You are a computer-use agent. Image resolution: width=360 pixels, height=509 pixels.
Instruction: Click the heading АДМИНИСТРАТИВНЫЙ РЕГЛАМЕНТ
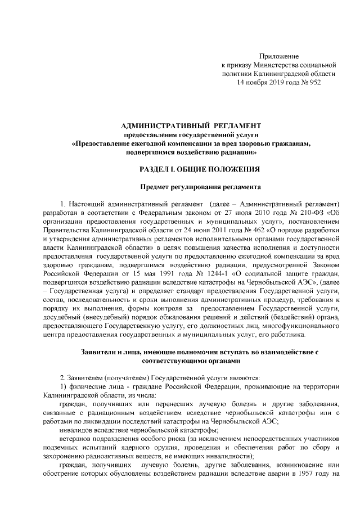click(191, 124)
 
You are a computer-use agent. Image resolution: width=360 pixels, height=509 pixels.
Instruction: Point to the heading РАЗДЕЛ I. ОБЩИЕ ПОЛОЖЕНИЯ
click(191, 169)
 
